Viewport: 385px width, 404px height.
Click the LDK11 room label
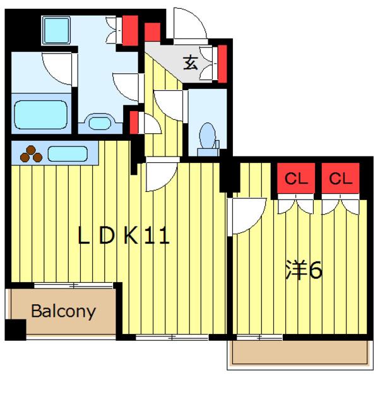pyautogui.click(x=124, y=235)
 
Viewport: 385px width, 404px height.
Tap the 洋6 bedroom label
pyautogui.click(x=304, y=270)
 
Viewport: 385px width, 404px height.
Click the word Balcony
pyautogui.click(x=63, y=312)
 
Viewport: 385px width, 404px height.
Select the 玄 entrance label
pyautogui.click(x=191, y=63)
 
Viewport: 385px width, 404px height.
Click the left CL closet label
pyautogui.click(x=296, y=178)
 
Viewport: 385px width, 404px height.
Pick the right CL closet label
pyautogui.click(x=340, y=178)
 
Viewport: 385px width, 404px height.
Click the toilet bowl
pyautogui.click(x=208, y=136)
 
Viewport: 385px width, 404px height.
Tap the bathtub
pyautogui.click(x=41, y=115)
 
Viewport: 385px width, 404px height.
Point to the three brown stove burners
pyautogui.click(x=31, y=154)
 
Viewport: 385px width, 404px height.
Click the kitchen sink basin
pyautogui.click(x=68, y=154)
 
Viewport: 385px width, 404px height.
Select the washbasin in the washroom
pyautogui.click(x=100, y=123)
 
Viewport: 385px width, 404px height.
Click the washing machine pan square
pyautogui.click(x=56, y=30)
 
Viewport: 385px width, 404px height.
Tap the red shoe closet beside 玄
pyautogui.click(x=222, y=64)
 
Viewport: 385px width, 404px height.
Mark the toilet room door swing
pyautogui.click(x=169, y=105)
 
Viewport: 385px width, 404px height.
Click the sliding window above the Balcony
pyautogui.click(x=73, y=285)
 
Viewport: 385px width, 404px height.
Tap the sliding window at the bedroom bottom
pyautogui.click(x=259, y=337)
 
